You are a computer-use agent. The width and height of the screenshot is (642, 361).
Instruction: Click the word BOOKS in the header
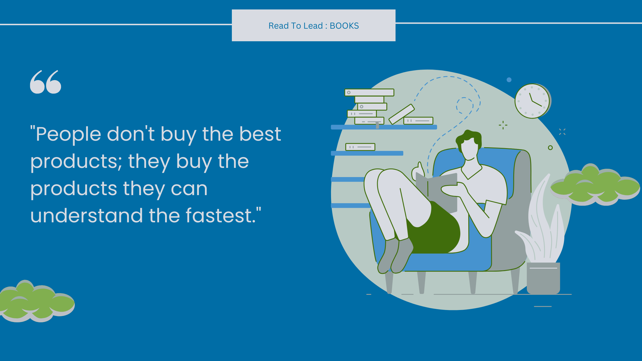tap(344, 26)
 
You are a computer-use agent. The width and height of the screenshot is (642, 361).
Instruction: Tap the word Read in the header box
tap(279, 26)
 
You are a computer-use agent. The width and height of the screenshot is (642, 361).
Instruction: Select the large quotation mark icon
tap(46, 82)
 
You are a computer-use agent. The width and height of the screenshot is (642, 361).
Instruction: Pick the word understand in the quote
tap(87, 215)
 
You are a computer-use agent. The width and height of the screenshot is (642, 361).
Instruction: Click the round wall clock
tap(533, 101)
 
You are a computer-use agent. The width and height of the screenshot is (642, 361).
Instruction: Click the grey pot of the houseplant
tap(543, 278)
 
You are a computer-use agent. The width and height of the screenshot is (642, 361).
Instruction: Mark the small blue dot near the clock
tap(509, 80)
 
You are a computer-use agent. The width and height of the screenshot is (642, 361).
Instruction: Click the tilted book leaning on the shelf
tap(402, 114)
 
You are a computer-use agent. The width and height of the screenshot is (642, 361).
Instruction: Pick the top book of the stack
tap(369, 93)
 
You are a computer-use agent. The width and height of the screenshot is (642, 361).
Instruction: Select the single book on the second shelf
tap(360, 147)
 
